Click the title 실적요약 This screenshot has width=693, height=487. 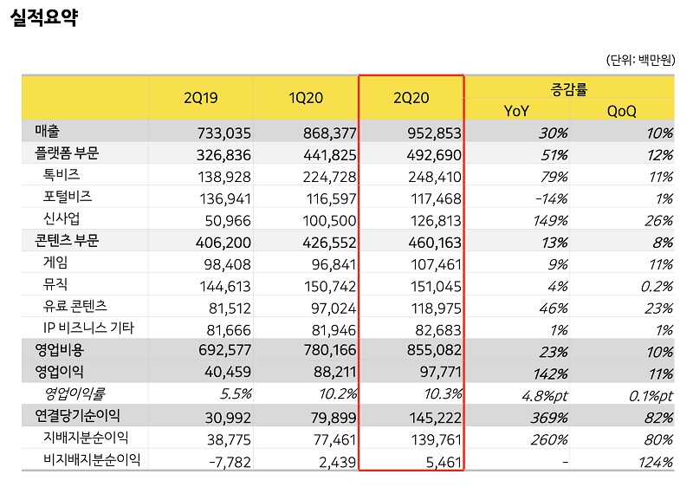(x=44, y=18)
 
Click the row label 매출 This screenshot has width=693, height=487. (x=48, y=132)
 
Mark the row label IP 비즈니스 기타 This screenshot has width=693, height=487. (x=87, y=328)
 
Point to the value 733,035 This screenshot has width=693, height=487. (x=223, y=133)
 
